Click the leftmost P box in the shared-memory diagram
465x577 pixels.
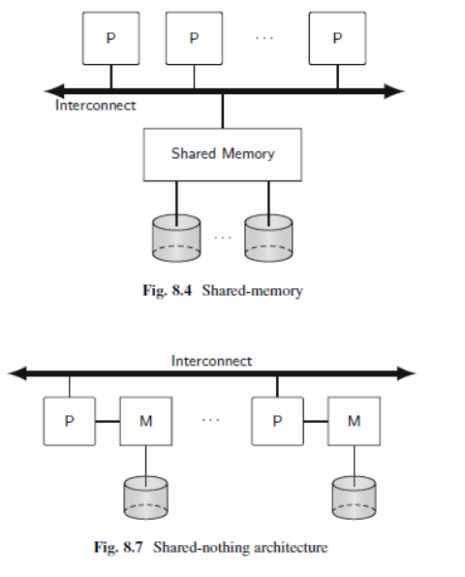click(109, 38)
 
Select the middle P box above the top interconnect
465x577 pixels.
click(194, 38)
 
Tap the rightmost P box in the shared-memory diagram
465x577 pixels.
click(337, 38)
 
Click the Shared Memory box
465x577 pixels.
click(223, 153)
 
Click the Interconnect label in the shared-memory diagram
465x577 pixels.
click(95, 105)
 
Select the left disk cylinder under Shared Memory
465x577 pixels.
click(175, 238)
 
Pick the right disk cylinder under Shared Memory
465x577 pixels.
click(268, 238)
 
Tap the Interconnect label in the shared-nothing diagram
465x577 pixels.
click(211, 361)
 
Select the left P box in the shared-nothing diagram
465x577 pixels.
click(69, 421)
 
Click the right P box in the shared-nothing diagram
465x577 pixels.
click(277, 421)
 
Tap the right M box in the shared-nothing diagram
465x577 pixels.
click(354, 421)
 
